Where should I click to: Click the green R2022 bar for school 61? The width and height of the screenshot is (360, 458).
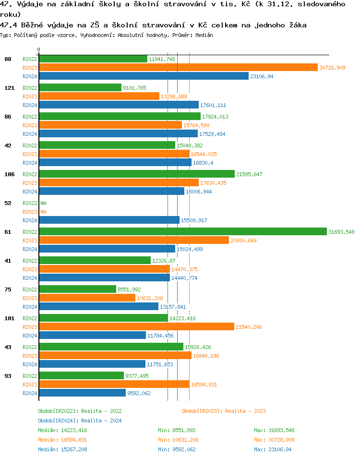[x=182, y=231]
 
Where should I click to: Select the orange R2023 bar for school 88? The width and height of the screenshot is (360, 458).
[x=178, y=68]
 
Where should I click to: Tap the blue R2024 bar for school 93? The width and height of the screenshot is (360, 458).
[x=82, y=393]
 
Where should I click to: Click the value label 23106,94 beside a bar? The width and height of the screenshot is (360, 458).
[x=262, y=76]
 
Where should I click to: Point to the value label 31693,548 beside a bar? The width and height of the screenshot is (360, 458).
[x=341, y=232]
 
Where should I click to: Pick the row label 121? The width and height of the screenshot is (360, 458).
[x=10, y=88]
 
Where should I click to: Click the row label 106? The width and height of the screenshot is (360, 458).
[x=10, y=174]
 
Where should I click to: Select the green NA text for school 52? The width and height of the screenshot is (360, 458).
[x=43, y=203]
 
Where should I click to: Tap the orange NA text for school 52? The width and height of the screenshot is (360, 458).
[x=43, y=212]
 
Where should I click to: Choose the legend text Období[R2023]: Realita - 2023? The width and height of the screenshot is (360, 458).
[x=224, y=411]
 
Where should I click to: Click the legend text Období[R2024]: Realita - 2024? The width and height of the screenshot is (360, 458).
[x=80, y=421]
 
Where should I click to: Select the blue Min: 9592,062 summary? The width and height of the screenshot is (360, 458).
[x=177, y=449]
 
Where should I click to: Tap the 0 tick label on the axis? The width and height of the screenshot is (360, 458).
[x=39, y=50]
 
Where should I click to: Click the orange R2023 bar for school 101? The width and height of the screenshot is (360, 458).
[x=136, y=326]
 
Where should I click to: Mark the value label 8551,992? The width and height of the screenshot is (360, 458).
[x=130, y=289]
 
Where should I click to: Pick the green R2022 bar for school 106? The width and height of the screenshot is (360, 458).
[x=137, y=174]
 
